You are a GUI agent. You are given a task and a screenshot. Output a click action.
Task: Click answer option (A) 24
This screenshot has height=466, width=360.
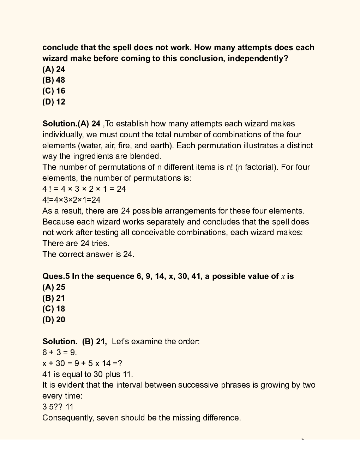(54, 69)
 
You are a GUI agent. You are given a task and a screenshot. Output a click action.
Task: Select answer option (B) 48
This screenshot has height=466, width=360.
(54, 80)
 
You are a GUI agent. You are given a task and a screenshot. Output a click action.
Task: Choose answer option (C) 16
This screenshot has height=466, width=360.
(54, 91)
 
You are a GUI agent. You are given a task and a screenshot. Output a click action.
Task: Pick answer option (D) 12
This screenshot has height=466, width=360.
(54, 102)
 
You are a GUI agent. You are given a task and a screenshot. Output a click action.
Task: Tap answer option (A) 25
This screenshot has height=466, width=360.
(54, 287)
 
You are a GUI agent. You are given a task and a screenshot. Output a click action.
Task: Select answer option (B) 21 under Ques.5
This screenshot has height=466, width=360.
(54, 298)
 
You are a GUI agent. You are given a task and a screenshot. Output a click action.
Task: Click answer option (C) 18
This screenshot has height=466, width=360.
(54, 309)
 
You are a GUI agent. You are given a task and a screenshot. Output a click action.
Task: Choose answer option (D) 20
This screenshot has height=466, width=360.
(54, 320)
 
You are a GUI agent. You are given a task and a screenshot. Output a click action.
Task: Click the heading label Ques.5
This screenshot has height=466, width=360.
(56, 276)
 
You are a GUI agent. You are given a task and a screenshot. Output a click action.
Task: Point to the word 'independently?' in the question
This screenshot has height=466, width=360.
(258, 59)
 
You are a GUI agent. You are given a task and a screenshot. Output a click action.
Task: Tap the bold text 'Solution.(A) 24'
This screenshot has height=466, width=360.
(71, 124)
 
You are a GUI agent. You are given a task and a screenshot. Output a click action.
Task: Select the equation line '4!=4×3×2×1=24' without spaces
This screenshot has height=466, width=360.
(71, 200)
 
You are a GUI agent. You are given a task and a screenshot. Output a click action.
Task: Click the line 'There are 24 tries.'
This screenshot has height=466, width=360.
(76, 244)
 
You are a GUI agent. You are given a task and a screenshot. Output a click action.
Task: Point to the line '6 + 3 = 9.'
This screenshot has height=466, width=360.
(59, 352)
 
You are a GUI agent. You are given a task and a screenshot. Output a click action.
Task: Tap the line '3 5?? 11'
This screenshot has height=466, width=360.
(58, 407)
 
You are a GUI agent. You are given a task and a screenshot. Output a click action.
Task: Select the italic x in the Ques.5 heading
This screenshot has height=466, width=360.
(283, 277)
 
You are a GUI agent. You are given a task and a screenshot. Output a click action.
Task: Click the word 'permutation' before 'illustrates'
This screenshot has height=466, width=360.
(218, 146)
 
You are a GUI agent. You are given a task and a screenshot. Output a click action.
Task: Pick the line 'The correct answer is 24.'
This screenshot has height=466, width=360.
(88, 255)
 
